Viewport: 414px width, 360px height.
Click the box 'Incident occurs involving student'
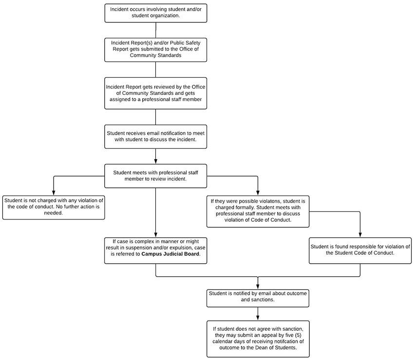[x=156, y=13]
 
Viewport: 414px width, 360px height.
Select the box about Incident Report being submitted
[x=156, y=49]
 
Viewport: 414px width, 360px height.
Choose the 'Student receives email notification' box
[x=156, y=137]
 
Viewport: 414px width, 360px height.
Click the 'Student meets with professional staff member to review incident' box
[x=156, y=176]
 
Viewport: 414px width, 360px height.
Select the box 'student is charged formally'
[x=258, y=210]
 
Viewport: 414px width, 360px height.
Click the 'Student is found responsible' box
[x=360, y=250]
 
